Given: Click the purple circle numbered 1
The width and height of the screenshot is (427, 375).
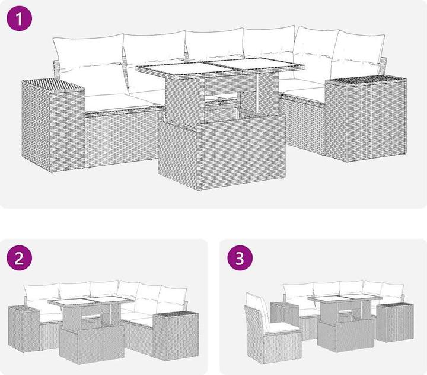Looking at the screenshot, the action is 20,18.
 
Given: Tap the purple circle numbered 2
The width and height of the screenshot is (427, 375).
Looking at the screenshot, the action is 20,258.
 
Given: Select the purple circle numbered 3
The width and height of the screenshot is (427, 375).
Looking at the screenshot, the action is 240,258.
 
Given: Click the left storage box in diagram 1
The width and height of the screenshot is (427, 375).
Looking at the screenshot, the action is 53,125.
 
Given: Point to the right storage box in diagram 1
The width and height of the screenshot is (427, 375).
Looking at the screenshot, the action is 366,119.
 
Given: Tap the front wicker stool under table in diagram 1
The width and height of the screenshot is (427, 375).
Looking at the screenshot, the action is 222,152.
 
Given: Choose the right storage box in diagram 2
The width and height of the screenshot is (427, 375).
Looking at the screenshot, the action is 176,336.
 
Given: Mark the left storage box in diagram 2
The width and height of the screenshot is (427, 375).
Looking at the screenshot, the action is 24,329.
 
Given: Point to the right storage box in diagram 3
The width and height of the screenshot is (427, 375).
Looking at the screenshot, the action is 395,323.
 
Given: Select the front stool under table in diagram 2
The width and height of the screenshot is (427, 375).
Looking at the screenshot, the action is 92,345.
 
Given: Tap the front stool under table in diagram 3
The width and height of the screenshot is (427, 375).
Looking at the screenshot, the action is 346,335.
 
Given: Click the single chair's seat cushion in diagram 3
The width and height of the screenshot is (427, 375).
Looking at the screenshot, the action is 283,327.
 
